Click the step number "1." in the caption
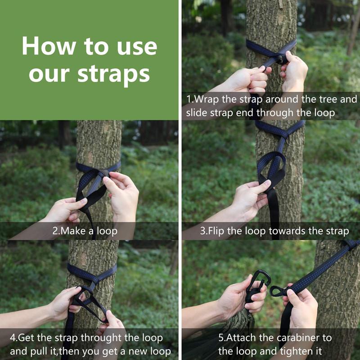tap(190, 99)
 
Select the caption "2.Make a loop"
tap(85, 231)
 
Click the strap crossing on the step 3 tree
tap(281, 131)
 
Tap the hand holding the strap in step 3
tap(250, 198)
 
